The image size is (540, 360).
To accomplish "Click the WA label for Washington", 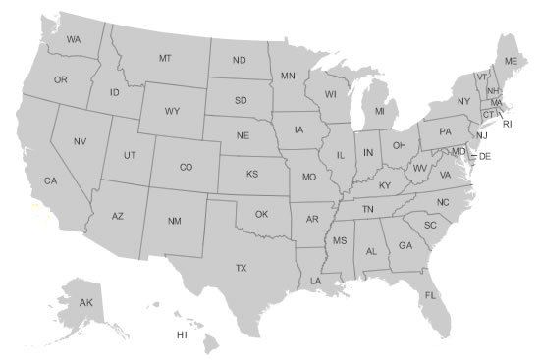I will tap(74, 39).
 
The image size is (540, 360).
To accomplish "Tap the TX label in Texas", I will tap(240, 267).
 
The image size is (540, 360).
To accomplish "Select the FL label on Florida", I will tap(430, 295).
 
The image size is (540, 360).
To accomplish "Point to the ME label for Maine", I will tap(511, 61).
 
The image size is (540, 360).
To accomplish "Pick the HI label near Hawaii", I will tap(182, 334).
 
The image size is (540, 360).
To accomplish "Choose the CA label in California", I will tap(51, 180).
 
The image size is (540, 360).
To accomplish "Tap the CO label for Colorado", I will tap(186, 168).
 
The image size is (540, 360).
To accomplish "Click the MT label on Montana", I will tap(165, 59).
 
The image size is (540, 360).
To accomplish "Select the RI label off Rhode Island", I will tap(508, 125).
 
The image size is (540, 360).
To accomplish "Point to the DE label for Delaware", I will tap(484, 157).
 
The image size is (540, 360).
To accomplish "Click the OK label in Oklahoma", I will tap(261, 214).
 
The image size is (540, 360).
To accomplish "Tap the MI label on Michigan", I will tap(379, 113).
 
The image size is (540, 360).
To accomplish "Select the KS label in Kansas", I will tap(251, 175).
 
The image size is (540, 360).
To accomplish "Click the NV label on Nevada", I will tap(81, 141).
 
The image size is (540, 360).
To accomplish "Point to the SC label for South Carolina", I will tap(430, 225).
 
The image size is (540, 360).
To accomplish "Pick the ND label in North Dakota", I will tap(239, 61).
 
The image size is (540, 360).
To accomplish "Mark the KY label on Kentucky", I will tap(385, 185).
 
